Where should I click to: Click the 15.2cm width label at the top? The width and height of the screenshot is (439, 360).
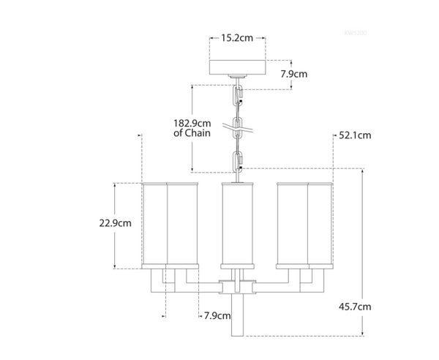pos(237,37)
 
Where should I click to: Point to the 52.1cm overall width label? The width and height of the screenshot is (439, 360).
pos(355,135)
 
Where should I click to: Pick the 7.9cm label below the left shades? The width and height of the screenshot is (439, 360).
pos(217,316)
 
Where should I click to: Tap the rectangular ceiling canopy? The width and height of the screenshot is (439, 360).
pos(237,67)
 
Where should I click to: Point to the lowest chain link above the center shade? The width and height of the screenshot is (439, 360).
pos(238,160)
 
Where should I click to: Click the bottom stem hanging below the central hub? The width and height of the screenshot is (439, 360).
pos(238,315)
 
